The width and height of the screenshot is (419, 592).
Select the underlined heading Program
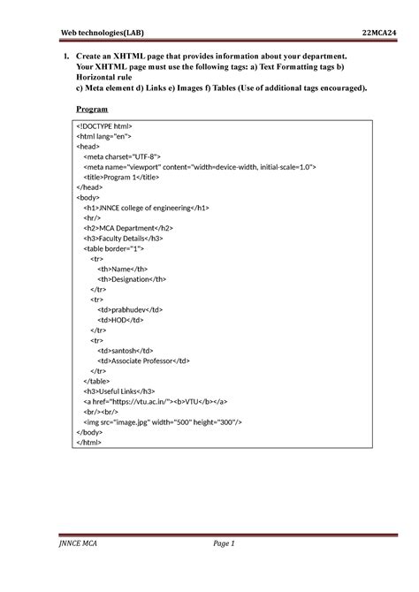click(92, 109)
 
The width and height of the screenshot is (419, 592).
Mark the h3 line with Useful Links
click(119, 390)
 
